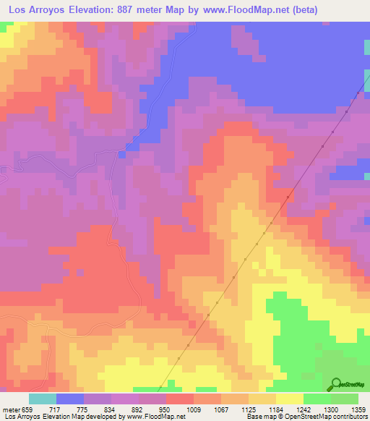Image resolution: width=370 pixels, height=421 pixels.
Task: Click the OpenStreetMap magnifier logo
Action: tap(335, 383)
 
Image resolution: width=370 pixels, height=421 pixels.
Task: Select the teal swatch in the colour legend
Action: tap(43, 399)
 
